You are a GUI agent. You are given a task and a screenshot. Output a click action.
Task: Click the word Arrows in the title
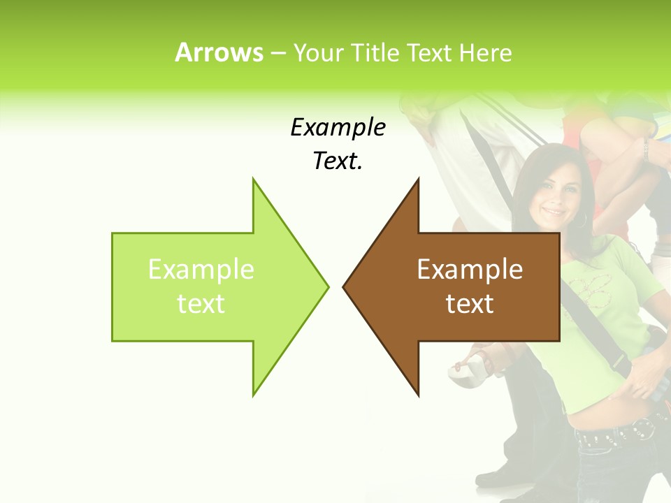pos(219,52)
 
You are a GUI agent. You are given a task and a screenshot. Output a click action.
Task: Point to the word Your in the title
pos(319,52)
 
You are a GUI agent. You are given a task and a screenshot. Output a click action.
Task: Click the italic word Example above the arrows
pos(338,127)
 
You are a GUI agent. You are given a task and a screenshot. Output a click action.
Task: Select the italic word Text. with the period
pos(338,161)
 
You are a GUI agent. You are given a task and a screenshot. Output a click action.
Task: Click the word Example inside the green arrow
pos(201,269)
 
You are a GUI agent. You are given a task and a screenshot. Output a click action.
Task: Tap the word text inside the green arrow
pos(201,303)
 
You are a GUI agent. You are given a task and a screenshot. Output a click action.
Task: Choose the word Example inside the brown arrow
pos(470,269)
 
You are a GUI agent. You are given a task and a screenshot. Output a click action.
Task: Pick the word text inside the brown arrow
pos(470,303)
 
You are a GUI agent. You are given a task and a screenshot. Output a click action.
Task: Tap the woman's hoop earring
pos(581,219)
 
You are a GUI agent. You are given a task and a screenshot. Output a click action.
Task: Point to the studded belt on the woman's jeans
pos(615,433)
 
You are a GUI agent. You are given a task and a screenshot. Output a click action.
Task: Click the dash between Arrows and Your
pos(277,53)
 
